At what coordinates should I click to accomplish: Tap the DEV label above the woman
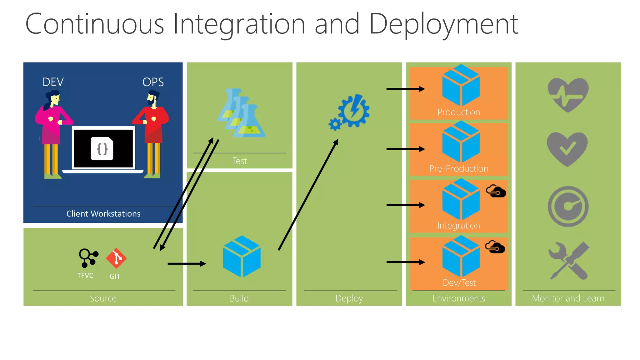(x=53, y=82)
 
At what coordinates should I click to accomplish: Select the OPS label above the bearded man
(x=153, y=82)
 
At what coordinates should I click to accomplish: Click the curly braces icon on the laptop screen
(x=102, y=149)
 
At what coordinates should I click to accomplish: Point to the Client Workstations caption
(x=103, y=214)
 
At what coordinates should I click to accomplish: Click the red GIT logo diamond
(x=116, y=258)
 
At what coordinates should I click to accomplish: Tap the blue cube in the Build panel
(x=242, y=256)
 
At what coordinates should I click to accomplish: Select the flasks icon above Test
(x=241, y=114)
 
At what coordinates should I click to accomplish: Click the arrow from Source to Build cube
(x=187, y=264)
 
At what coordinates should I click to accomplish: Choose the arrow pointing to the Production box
(x=405, y=89)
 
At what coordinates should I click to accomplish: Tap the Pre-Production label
(x=458, y=169)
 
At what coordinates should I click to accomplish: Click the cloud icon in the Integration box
(x=496, y=191)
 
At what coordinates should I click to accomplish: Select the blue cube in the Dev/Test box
(x=461, y=256)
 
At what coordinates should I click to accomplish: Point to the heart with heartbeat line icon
(x=568, y=94)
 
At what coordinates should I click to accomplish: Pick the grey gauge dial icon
(x=568, y=206)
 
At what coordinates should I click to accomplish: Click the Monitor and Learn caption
(x=568, y=298)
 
